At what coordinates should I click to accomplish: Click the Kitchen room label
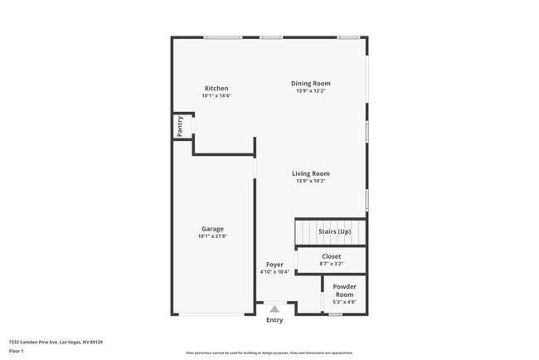click(x=216, y=89)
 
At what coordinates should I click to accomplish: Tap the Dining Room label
click(x=311, y=83)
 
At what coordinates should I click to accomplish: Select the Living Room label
click(x=311, y=173)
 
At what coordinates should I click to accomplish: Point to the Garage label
click(x=212, y=229)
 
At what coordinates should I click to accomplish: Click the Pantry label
click(x=180, y=126)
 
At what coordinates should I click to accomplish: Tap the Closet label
click(x=331, y=256)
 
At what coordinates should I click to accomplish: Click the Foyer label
click(x=274, y=265)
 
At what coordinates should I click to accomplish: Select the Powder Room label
click(x=344, y=290)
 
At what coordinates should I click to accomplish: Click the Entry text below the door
click(x=274, y=320)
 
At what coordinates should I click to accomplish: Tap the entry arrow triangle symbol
click(x=274, y=309)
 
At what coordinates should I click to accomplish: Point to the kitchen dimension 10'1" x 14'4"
click(x=216, y=96)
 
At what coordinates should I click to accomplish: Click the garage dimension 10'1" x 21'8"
click(x=212, y=236)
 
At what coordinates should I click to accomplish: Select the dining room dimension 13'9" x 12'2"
click(x=311, y=90)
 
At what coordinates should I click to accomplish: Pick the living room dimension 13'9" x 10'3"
click(x=311, y=181)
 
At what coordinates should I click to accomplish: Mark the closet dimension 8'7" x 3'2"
click(x=331, y=264)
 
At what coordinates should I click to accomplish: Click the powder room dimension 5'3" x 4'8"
click(x=344, y=302)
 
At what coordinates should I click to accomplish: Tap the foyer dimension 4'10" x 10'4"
click(x=274, y=272)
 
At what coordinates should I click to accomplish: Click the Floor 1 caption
click(x=17, y=351)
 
